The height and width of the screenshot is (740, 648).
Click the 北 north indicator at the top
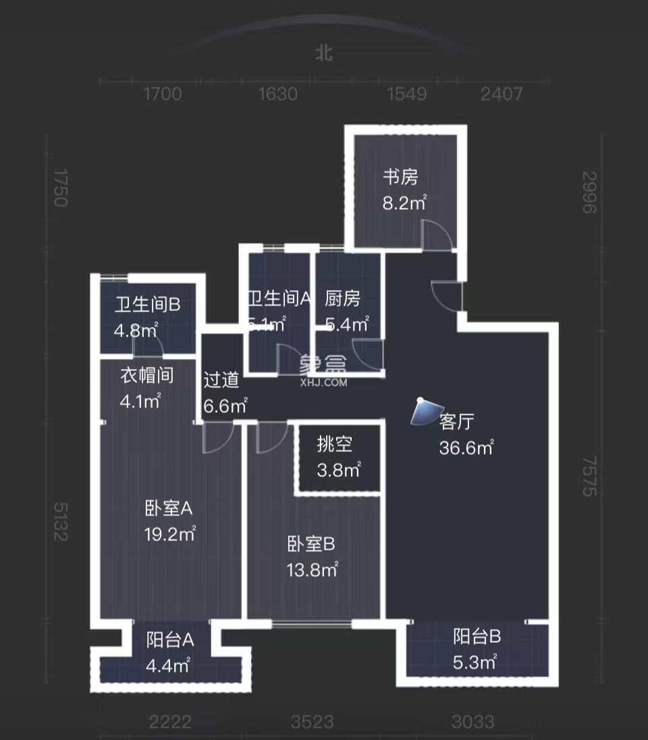pyautogui.click(x=324, y=53)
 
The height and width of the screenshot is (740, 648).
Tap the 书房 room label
pyautogui.click(x=401, y=177)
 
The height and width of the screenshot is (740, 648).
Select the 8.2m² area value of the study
pyautogui.click(x=404, y=202)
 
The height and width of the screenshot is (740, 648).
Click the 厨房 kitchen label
pyautogui.click(x=342, y=298)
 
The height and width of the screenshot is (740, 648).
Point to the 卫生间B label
pyautogui.click(x=146, y=305)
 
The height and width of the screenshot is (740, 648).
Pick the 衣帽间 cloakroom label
pyautogui.click(x=146, y=375)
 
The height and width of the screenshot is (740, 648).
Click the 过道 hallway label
pyautogui.click(x=221, y=380)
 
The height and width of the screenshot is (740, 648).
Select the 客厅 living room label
pyautogui.click(x=457, y=422)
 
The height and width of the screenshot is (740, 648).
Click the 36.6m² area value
pyautogui.click(x=466, y=448)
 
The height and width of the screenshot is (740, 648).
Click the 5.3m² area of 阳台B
pyautogui.click(x=475, y=662)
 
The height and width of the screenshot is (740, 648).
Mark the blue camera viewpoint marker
pyautogui.click(x=424, y=411)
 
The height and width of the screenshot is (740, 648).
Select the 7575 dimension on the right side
pyautogui.click(x=590, y=476)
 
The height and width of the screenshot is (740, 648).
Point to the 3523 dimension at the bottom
pyautogui.click(x=313, y=722)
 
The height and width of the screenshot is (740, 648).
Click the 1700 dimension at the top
pyautogui.click(x=163, y=94)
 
